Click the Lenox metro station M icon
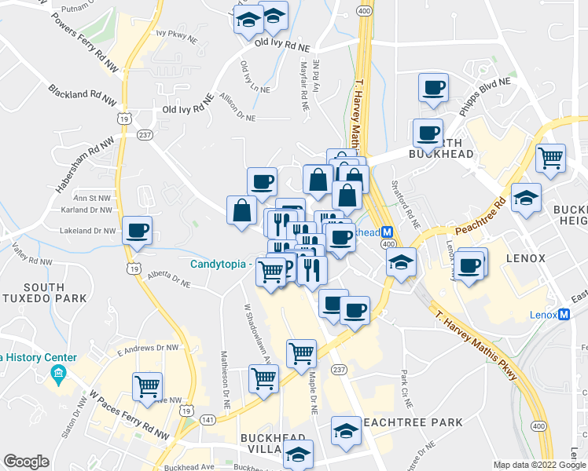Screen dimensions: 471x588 click(x=564, y=315)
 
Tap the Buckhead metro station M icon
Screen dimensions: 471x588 click(x=386, y=232)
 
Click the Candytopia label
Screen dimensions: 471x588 click(x=219, y=264)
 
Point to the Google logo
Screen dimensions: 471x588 click(x=26, y=462)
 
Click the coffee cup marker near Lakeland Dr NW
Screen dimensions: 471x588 click(x=138, y=230)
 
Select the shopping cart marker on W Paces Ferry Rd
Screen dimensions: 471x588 click(x=147, y=386)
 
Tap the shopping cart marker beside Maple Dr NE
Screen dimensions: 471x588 click(x=301, y=354)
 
